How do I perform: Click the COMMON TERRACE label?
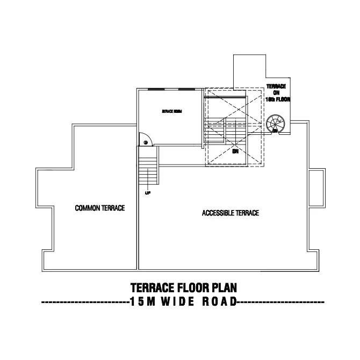(100, 208)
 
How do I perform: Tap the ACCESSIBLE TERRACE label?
(230, 213)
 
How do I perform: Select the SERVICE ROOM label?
(172, 111)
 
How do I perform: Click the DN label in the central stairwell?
(235, 151)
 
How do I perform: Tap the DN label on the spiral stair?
(275, 131)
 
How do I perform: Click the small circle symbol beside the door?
(146, 142)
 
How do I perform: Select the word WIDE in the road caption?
(171, 302)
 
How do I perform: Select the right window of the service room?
(186, 89)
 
